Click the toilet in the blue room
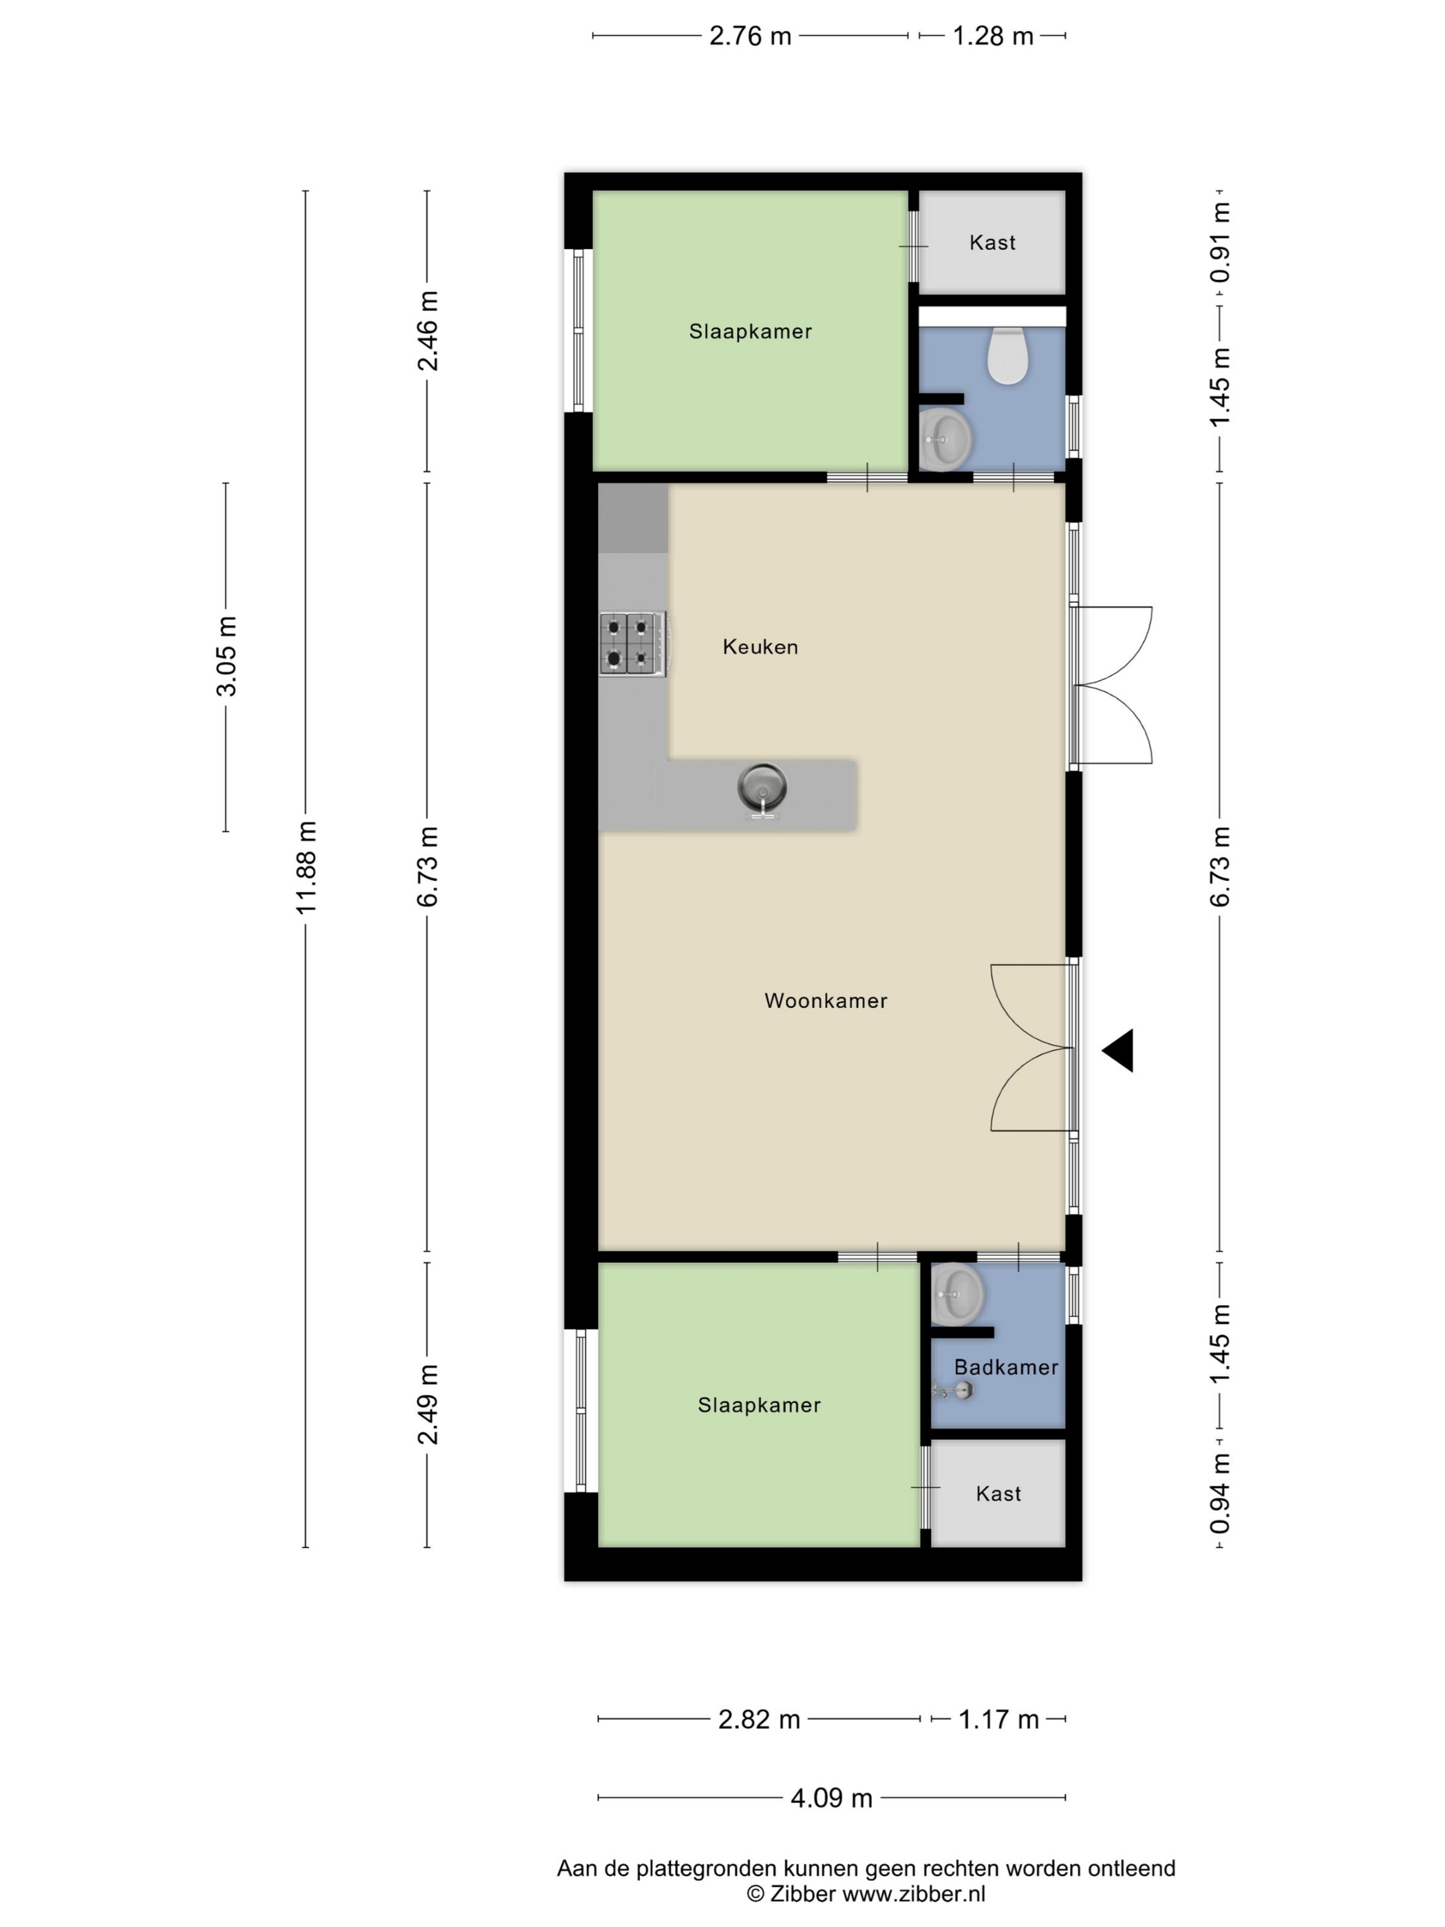tap(1008, 355)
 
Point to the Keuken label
tap(760, 646)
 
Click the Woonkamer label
tap(826, 1000)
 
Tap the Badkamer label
tap(1006, 1367)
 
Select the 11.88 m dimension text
tap(306, 866)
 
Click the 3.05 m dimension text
tap(226, 656)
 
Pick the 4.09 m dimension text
tap(831, 1798)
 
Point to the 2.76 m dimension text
tap(750, 36)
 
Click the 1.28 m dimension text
tap(992, 36)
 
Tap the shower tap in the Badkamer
tap(952, 1390)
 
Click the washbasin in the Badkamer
tap(957, 1294)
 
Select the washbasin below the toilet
tap(945, 440)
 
